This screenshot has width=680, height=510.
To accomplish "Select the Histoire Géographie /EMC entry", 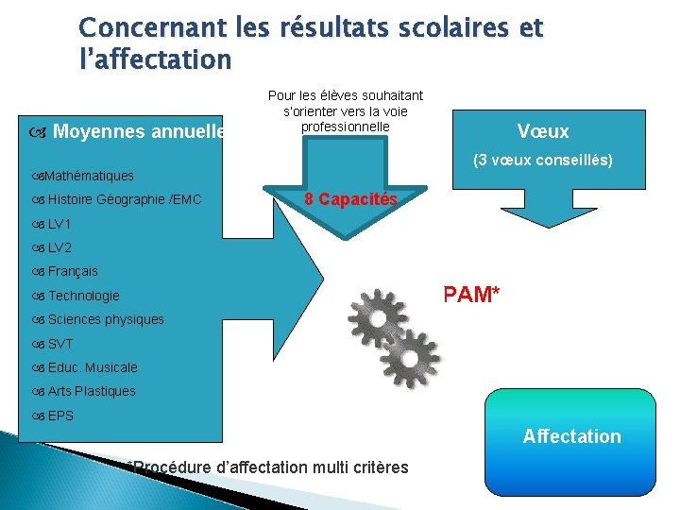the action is (x=125, y=199).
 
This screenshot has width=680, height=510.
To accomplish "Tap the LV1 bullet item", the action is (x=59, y=224).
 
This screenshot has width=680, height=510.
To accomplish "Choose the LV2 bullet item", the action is (x=59, y=247).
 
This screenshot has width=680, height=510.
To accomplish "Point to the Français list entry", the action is (x=73, y=271).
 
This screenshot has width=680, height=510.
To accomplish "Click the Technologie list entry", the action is (x=84, y=296).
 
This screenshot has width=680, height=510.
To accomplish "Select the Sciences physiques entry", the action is (x=106, y=319).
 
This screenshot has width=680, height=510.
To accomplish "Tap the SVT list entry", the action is (x=60, y=344).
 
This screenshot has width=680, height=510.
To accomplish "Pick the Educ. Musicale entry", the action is (x=93, y=367).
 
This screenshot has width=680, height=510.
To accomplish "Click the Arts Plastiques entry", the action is (x=92, y=391).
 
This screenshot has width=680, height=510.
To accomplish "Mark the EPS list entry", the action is (x=60, y=416).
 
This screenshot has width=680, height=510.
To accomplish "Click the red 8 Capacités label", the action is (x=352, y=199).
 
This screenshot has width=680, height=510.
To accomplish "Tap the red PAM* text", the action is (x=472, y=295).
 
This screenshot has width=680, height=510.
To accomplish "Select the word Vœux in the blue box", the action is (x=543, y=131).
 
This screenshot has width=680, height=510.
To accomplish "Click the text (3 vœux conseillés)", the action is (x=543, y=161).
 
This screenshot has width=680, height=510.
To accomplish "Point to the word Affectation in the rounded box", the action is (x=572, y=436).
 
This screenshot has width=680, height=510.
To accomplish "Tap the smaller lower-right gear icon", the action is (x=413, y=358).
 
